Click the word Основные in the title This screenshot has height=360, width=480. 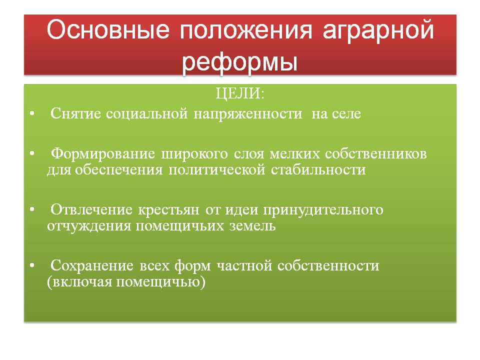108,29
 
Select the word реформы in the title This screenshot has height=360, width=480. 239,62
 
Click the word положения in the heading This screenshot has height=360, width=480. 245,30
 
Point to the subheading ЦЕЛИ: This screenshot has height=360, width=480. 239,93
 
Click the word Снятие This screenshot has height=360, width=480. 75,113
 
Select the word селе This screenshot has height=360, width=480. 346,114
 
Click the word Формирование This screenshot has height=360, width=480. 103,154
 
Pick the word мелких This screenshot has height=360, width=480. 294,154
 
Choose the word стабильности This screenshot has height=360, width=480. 318,170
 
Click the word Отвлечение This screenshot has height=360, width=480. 91,210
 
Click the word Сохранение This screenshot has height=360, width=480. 92,265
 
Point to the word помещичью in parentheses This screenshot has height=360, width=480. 158,282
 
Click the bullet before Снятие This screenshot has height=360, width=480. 32,113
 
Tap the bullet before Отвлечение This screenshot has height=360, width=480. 32,209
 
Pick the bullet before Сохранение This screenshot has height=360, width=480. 32,265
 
